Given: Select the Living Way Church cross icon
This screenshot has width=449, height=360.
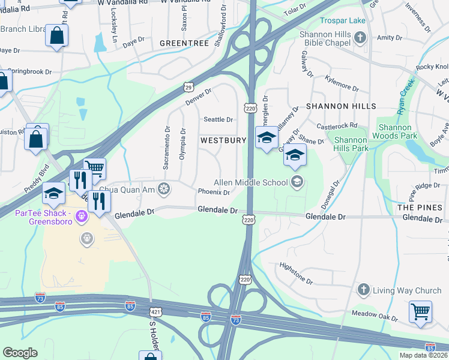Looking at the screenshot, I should (363, 290).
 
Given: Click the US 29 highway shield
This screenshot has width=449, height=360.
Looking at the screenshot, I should (188, 87).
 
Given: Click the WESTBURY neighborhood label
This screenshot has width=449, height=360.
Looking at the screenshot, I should (223, 140).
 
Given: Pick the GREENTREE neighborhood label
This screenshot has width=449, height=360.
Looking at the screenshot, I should (184, 43).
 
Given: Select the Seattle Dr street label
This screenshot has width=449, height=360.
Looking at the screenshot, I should (218, 119).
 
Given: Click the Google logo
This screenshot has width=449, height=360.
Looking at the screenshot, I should (20, 352).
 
